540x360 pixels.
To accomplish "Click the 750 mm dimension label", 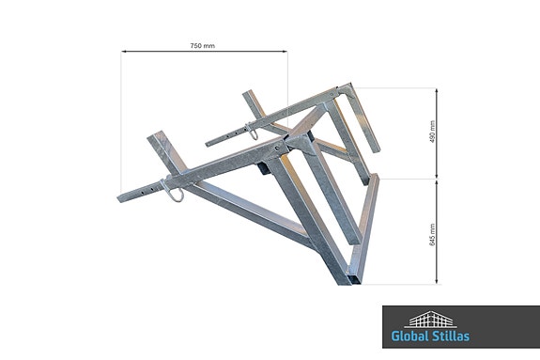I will coord(202,45).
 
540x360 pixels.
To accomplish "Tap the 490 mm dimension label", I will coord(433,133).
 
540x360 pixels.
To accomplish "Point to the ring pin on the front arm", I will coord(175,191).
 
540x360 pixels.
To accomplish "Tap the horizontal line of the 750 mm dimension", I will coord(202,54).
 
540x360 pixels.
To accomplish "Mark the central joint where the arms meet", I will coord(286,146).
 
